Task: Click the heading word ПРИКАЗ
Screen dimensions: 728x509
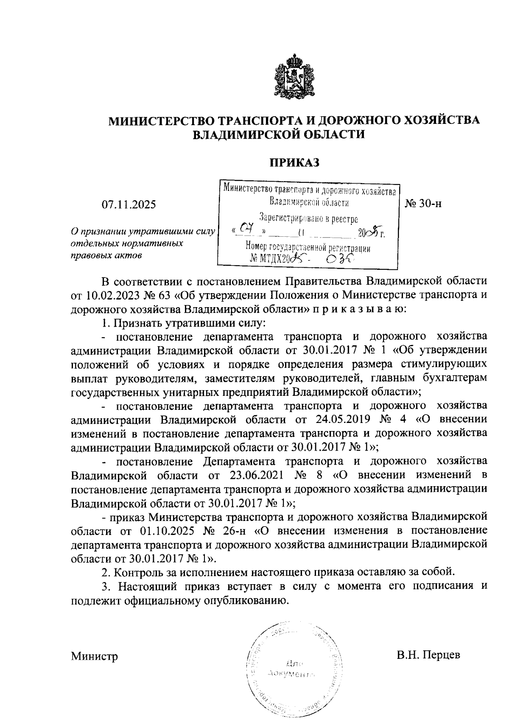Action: (x=295, y=163)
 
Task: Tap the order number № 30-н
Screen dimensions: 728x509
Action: (x=423, y=204)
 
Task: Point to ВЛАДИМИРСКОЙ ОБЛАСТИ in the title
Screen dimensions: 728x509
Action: (x=279, y=134)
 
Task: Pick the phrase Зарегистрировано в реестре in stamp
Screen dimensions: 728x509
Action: (x=308, y=219)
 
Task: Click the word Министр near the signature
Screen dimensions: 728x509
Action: (x=94, y=656)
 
